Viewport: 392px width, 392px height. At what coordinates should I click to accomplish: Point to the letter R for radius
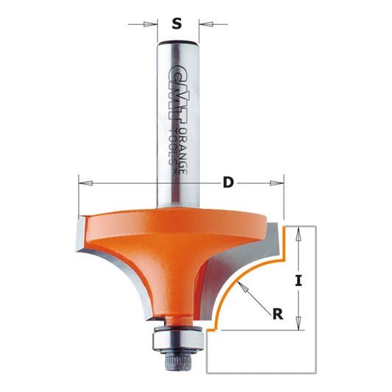[277, 315]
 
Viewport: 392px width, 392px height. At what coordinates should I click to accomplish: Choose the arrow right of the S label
[205, 24]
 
